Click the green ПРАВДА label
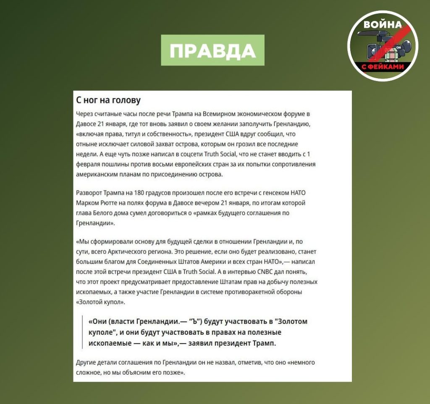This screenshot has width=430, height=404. [x=212, y=50]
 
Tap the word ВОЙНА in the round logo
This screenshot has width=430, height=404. [x=382, y=24]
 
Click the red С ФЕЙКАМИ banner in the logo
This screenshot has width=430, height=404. [x=382, y=67]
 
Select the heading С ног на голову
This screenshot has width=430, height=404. [x=108, y=100]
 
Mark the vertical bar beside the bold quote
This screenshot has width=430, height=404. [x=83, y=332]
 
